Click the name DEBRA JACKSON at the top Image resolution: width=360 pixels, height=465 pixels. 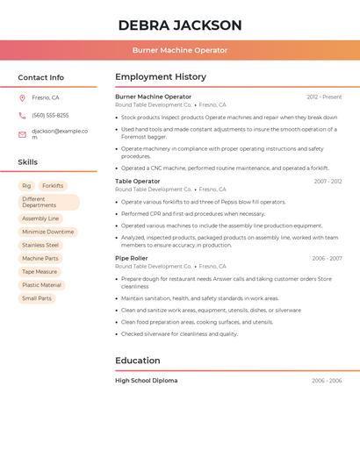[179, 25]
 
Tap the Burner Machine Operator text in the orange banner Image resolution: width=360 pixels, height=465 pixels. [179, 50]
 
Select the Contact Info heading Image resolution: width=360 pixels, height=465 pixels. [41, 77]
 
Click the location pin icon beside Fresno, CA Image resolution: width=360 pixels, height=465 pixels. [22, 97]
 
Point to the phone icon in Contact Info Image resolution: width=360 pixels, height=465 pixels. [22, 116]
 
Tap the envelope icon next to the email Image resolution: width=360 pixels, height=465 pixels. [22, 134]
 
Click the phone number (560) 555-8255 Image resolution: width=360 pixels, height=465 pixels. [50, 116]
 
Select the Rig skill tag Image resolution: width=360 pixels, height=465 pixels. [26, 186]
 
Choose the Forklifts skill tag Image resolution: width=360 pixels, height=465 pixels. [53, 186]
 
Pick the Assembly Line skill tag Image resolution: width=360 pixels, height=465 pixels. [40, 218]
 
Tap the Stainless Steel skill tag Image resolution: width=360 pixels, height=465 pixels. [40, 245]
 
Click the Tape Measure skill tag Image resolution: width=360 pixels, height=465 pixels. [40, 272]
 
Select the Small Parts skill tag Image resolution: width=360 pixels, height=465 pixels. [37, 298]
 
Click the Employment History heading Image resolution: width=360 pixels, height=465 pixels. [161, 77]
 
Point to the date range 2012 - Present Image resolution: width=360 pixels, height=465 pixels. [324, 97]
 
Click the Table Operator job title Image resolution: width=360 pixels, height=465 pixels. [138, 182]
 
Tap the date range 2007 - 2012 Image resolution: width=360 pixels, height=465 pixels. [328, 182]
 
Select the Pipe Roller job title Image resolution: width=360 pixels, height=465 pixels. [133, 259]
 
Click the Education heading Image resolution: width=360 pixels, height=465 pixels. [138, 361]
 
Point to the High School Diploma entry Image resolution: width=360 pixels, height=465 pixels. [146, 381]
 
